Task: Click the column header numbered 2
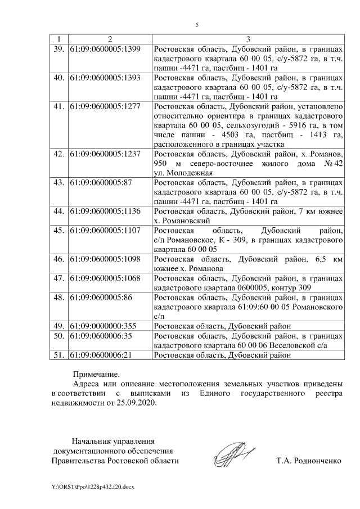(110, 38)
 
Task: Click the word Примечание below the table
(96, 374)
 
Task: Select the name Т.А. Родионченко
(309, 461)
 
